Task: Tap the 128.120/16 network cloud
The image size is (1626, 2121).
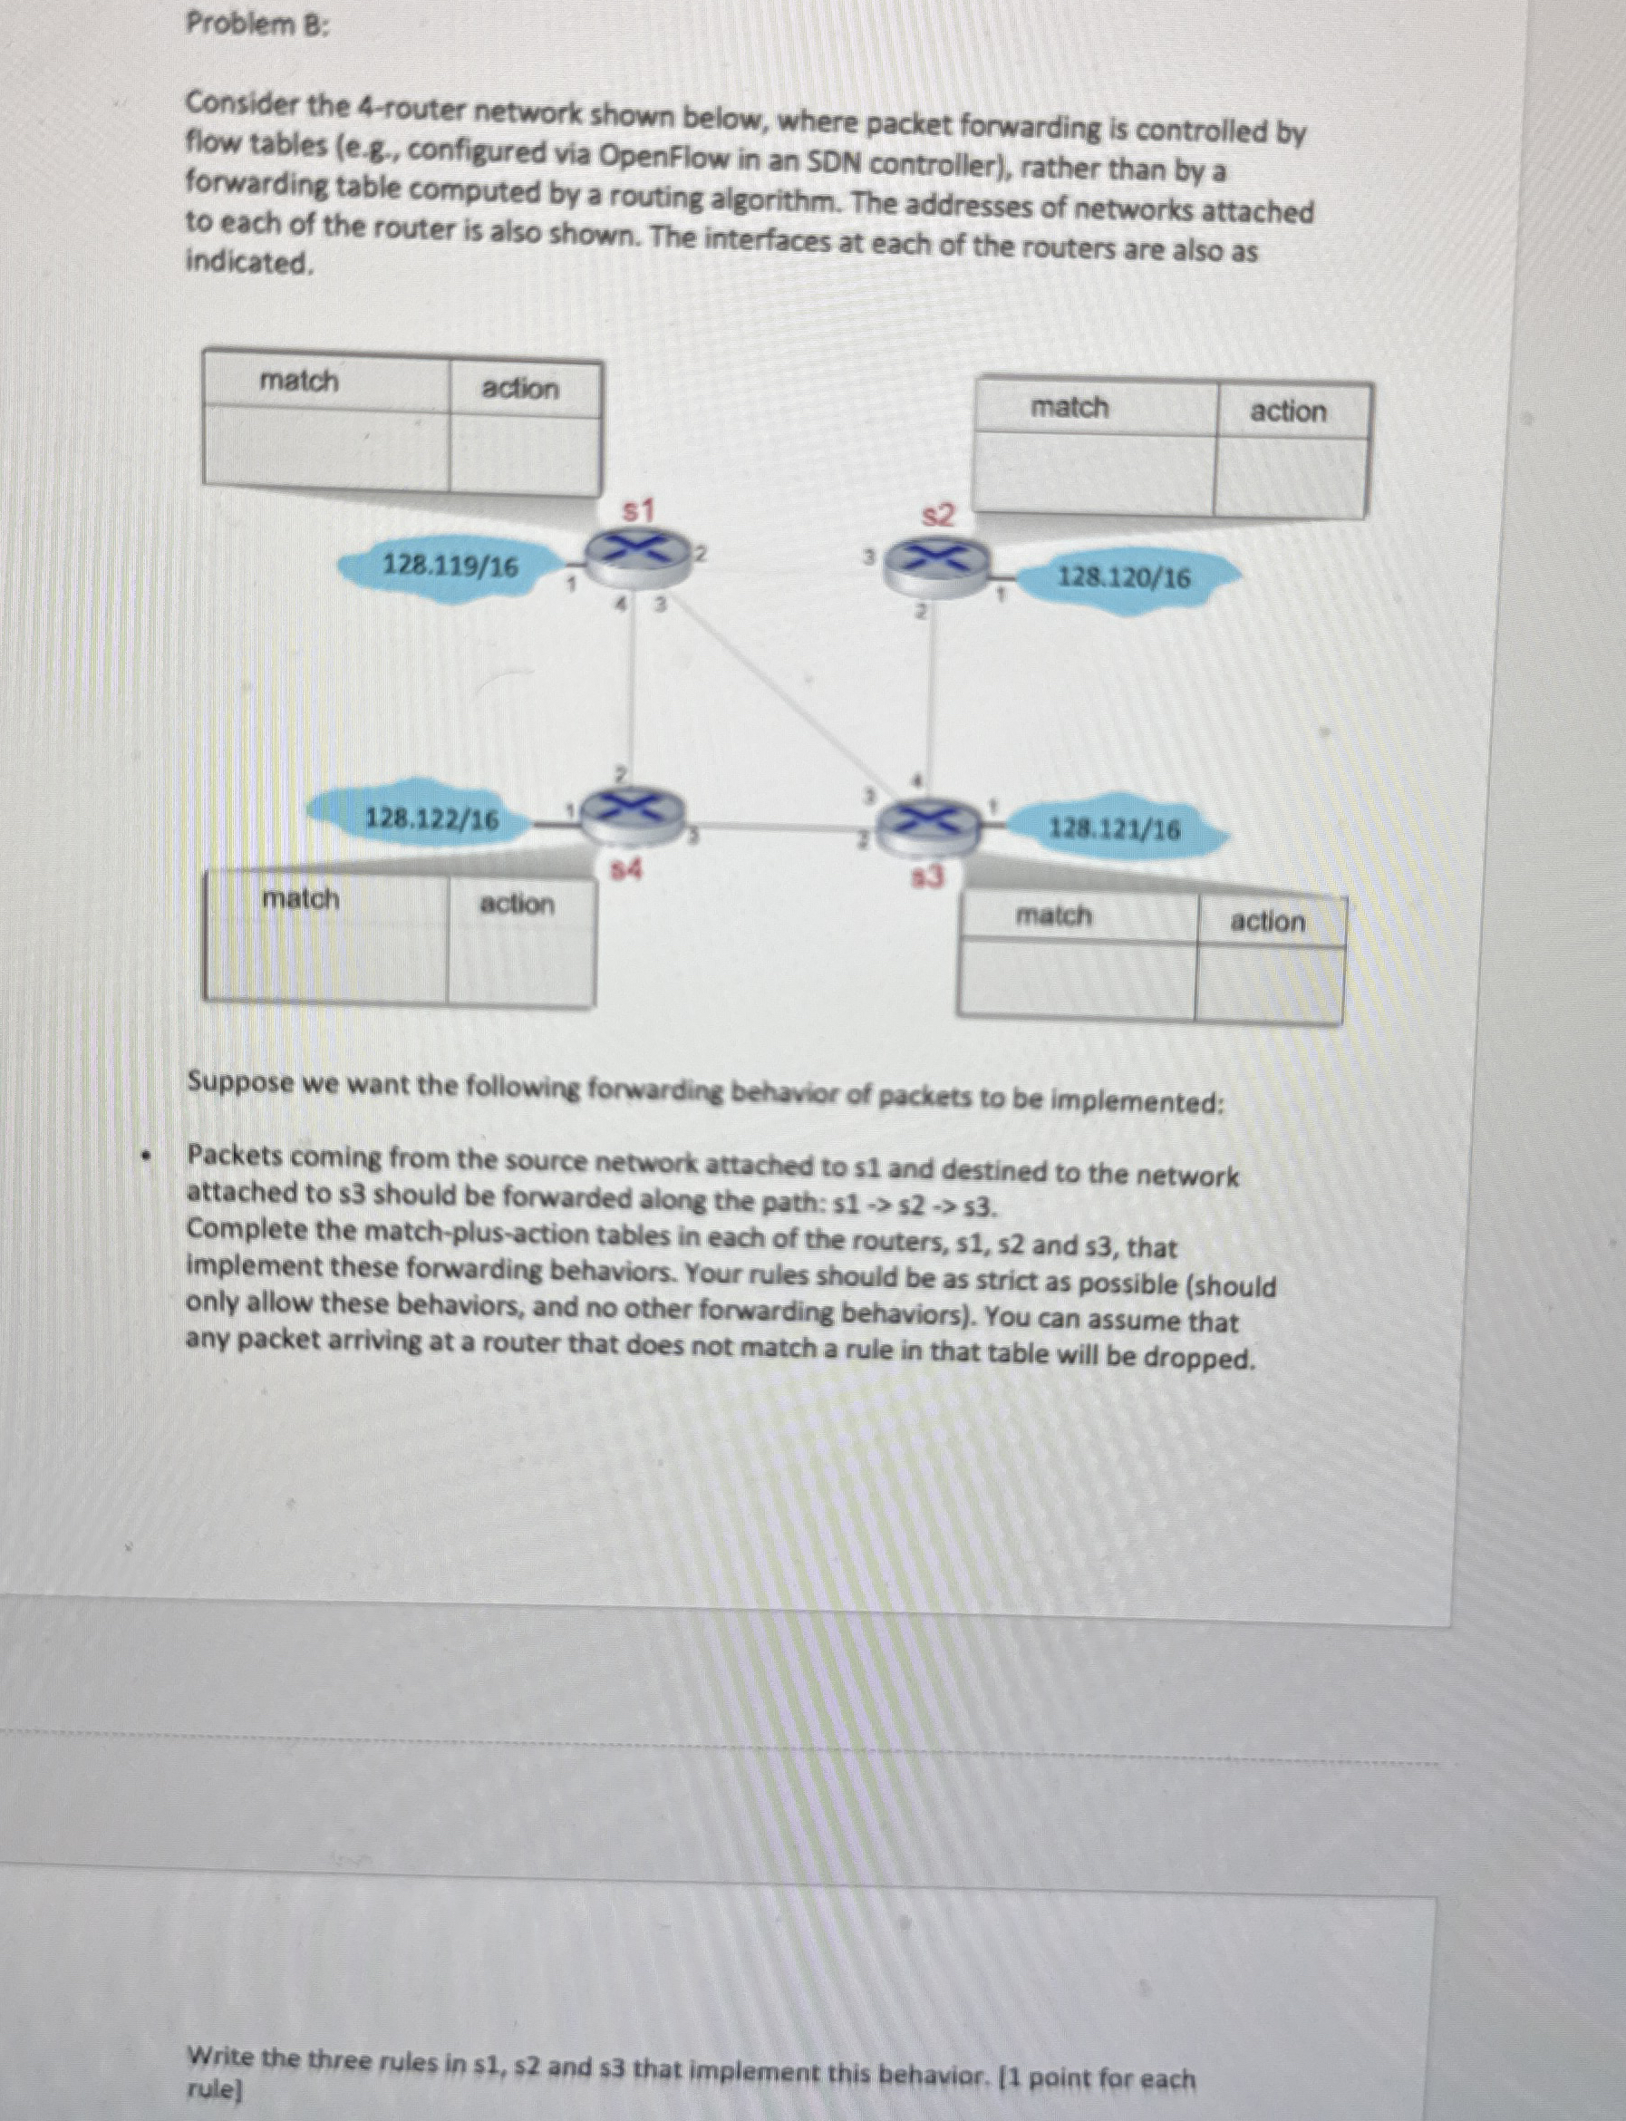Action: pos(1124,579)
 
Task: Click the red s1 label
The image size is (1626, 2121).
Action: pos(639,509)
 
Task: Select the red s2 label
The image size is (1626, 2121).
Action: pos(936,516)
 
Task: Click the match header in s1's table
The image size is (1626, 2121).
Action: pos(299,382)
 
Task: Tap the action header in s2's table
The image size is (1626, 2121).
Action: pos(1288,412)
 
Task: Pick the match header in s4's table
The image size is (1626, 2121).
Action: pos(301,899)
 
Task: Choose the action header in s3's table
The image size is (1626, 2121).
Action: pos(1268,922)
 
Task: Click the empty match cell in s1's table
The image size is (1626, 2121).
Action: pos(326,451)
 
